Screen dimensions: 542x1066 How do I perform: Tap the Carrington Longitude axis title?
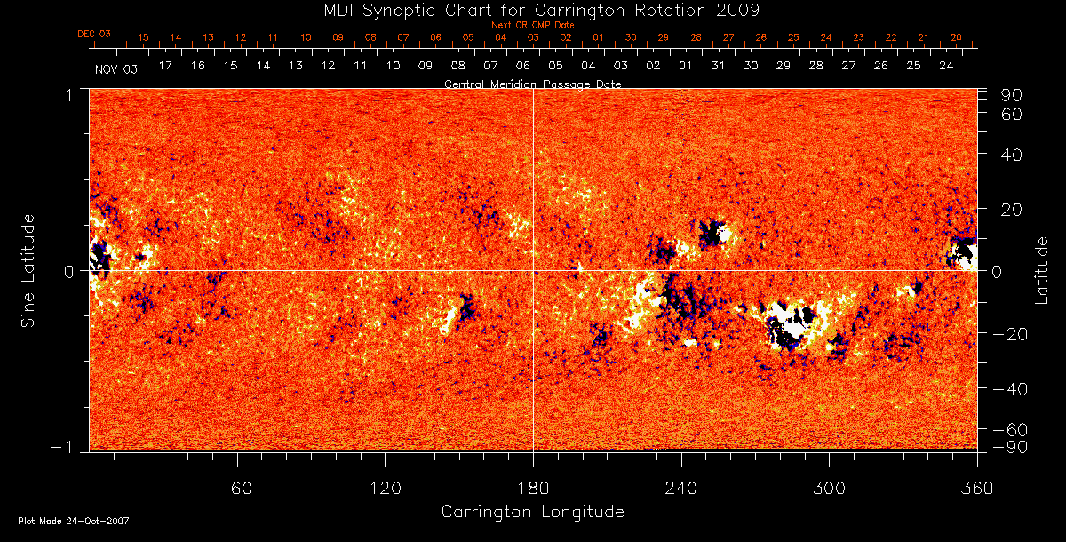(x=532, y=512)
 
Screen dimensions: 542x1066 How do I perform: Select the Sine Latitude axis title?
(x=28, y=269)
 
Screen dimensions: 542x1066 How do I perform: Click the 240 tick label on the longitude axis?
(x=681, y=488)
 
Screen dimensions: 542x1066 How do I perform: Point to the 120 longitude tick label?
(x=386, y=488)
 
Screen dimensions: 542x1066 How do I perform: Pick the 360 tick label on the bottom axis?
(x=976, y=488)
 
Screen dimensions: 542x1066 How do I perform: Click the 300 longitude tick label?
(x=829, y=488)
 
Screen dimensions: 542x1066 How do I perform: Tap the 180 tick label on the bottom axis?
(x=533, y=488)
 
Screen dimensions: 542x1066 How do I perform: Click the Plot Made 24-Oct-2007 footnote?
(x=73, y=521)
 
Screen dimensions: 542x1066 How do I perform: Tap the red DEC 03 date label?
(x=94, y=34)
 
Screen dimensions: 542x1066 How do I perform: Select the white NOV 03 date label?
(x=116, y=68)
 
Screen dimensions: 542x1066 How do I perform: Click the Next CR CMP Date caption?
(x=532, y=25)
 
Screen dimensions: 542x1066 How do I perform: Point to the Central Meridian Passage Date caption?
(x=532, y=84)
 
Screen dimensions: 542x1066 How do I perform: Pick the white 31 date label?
(x=718, y=66)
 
